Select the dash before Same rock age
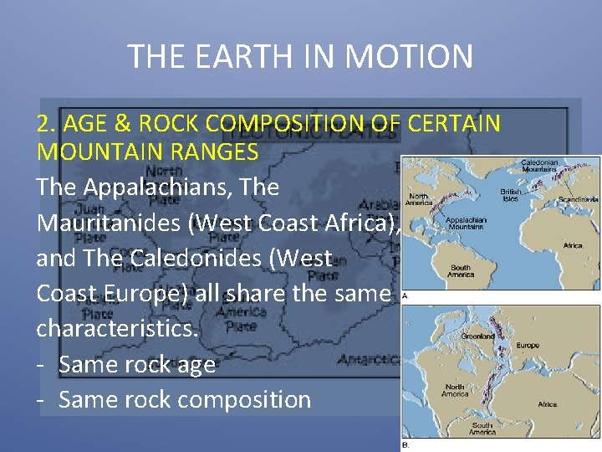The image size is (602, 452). point(41,364)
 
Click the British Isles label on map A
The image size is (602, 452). point(510,195)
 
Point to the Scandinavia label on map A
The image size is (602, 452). point(578,200)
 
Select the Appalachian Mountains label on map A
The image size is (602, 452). point(465,223)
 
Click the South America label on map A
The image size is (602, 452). point(460,271)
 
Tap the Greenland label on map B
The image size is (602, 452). point(478,336)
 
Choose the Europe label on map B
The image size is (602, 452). point(528,345)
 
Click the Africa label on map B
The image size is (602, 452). point(547,404)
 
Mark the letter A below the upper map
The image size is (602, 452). point(406,295)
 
